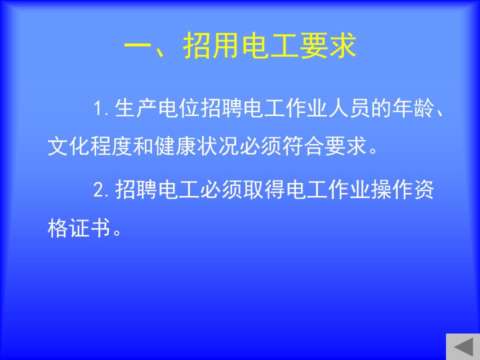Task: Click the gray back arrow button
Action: [463, 347]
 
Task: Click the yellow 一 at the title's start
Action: [137, 46]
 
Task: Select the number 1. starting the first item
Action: [101, 108]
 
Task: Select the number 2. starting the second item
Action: [101, 190]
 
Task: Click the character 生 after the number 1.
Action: [125, 108]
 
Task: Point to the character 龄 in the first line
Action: [424, 108]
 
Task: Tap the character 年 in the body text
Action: [402, 108]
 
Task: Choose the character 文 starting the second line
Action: [58, 145]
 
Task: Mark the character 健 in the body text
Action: [164, 145]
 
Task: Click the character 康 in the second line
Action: [186, 145]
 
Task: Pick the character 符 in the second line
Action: [293, 145]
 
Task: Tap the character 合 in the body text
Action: [314, 145]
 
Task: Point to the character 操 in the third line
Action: [381, 190]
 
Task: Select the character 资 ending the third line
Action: [424, 190]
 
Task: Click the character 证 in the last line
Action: [79, 228]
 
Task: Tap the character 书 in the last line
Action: [100, 228]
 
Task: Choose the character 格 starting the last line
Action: [58, 228]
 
